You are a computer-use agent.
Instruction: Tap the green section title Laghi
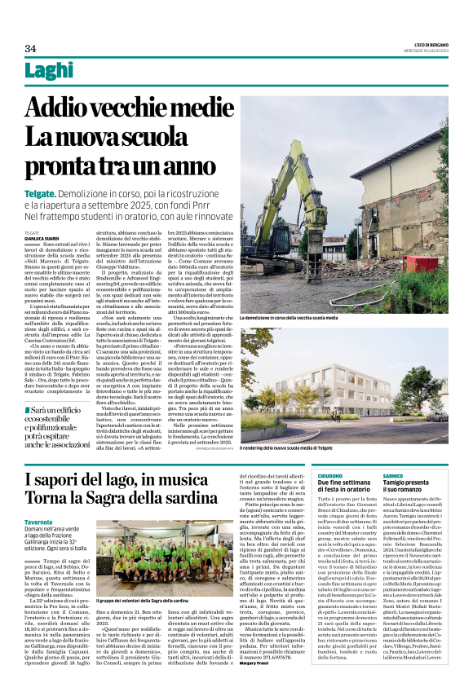tap(48, 72)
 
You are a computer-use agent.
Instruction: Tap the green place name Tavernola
tap(38, 522)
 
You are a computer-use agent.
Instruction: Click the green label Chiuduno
tap(329, 474)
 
